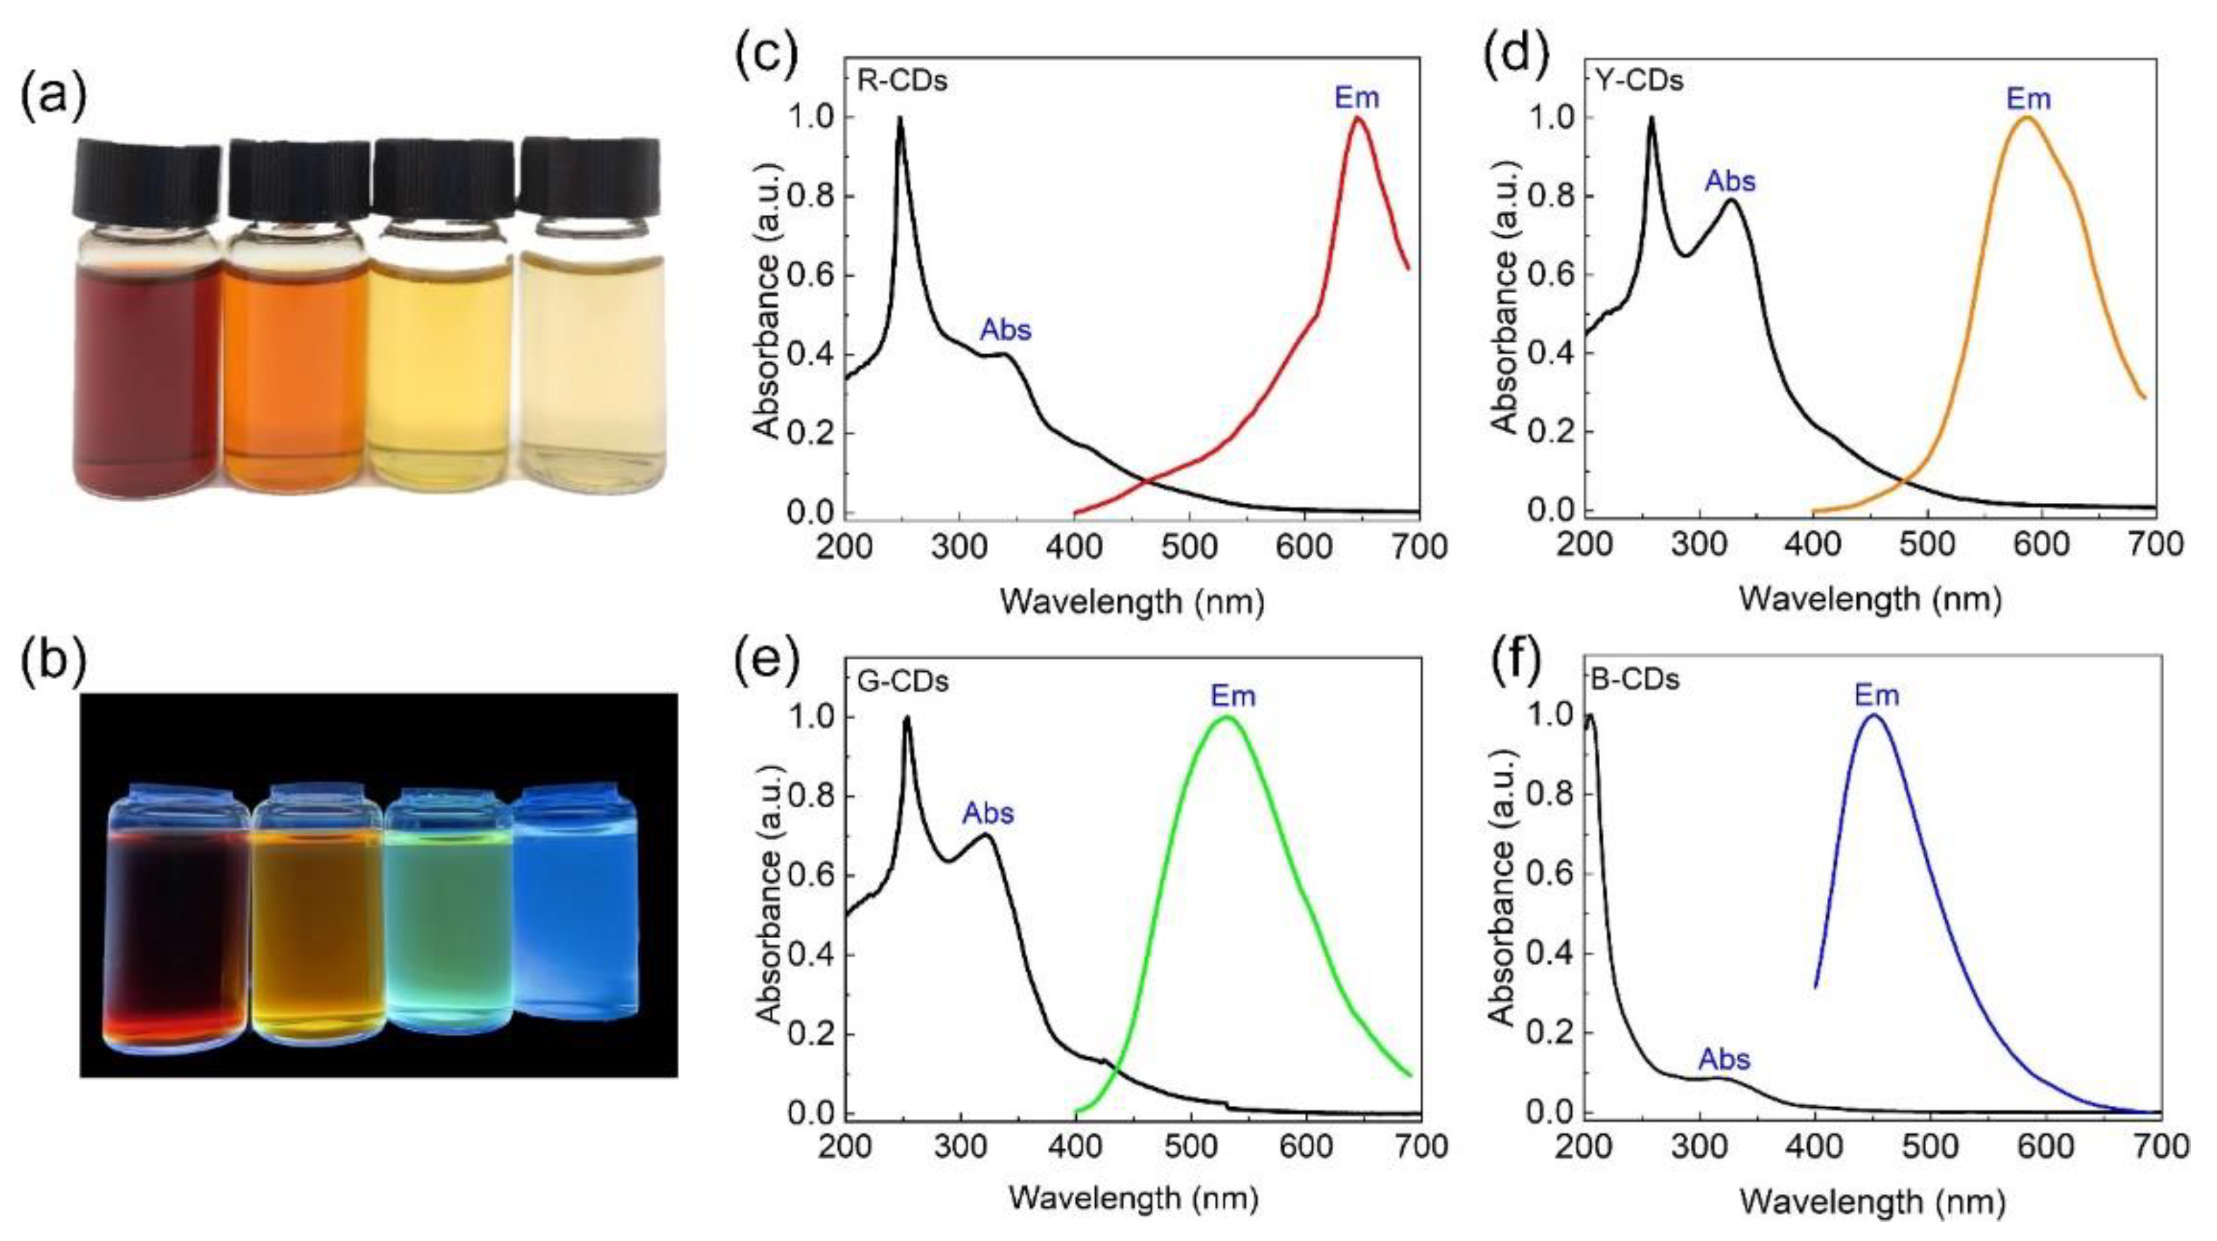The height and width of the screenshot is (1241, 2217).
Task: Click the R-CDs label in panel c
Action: (902, 81)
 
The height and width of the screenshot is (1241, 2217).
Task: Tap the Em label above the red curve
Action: (1356, 97)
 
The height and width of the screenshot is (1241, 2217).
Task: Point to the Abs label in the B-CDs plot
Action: (1724, 1059)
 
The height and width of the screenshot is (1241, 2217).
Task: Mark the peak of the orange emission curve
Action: (2028, 118)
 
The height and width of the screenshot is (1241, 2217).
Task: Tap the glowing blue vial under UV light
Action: (575, 904)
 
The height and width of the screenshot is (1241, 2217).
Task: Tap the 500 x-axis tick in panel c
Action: (1189, 547)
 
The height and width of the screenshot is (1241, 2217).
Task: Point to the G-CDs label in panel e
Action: (903, 681)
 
